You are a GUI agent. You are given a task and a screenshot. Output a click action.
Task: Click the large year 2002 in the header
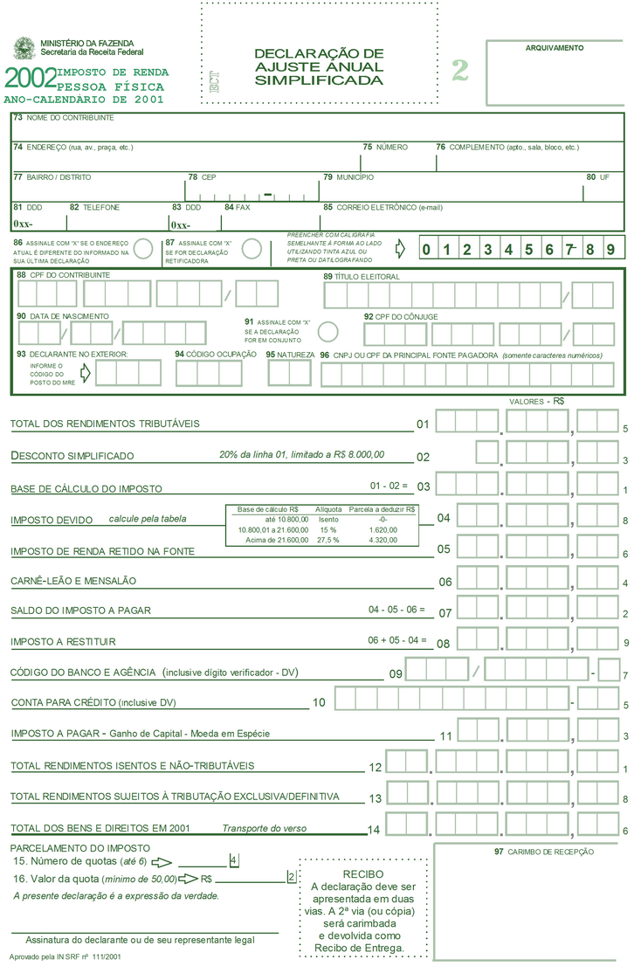(30, 79)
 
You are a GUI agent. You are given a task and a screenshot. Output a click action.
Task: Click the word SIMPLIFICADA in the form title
(319, 80)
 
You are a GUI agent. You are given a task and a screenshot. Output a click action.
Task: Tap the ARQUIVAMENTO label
(555, 48)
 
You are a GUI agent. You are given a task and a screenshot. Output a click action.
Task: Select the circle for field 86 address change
(145, 249)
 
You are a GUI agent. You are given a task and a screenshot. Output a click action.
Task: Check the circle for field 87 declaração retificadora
(252, 249)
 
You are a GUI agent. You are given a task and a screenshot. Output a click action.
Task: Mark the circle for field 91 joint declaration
(328, 332)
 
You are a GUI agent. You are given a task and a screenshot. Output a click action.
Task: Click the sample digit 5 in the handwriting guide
(528, 250)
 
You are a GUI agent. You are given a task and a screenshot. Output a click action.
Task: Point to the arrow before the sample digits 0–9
(401, 249)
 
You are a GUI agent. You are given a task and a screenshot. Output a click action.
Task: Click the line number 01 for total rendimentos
(424, 424)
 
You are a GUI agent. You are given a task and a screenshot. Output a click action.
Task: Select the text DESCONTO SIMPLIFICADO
(72, 456)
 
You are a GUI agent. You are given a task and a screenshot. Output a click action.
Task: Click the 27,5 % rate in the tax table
(328, 541)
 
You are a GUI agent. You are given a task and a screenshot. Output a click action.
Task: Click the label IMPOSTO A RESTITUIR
(63, 642)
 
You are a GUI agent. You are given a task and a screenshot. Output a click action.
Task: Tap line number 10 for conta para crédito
(319, 702)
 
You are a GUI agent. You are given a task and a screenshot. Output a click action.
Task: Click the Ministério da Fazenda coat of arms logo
(24, 49)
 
